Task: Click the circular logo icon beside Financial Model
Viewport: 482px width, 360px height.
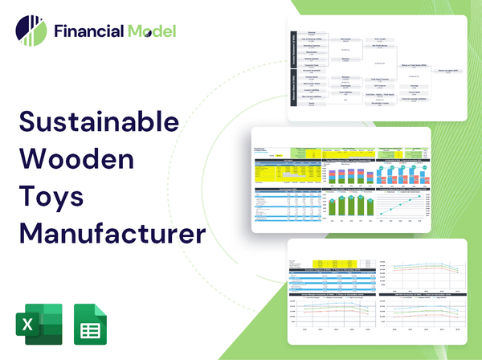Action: (31, 31)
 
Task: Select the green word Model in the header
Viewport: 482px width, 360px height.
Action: (150, 32)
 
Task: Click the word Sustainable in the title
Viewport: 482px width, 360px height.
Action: (99, 124)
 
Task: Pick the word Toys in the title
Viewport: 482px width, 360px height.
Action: (54, 198)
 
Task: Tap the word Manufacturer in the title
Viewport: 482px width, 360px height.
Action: (112, 235)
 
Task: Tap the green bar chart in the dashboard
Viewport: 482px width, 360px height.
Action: (347, 206)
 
